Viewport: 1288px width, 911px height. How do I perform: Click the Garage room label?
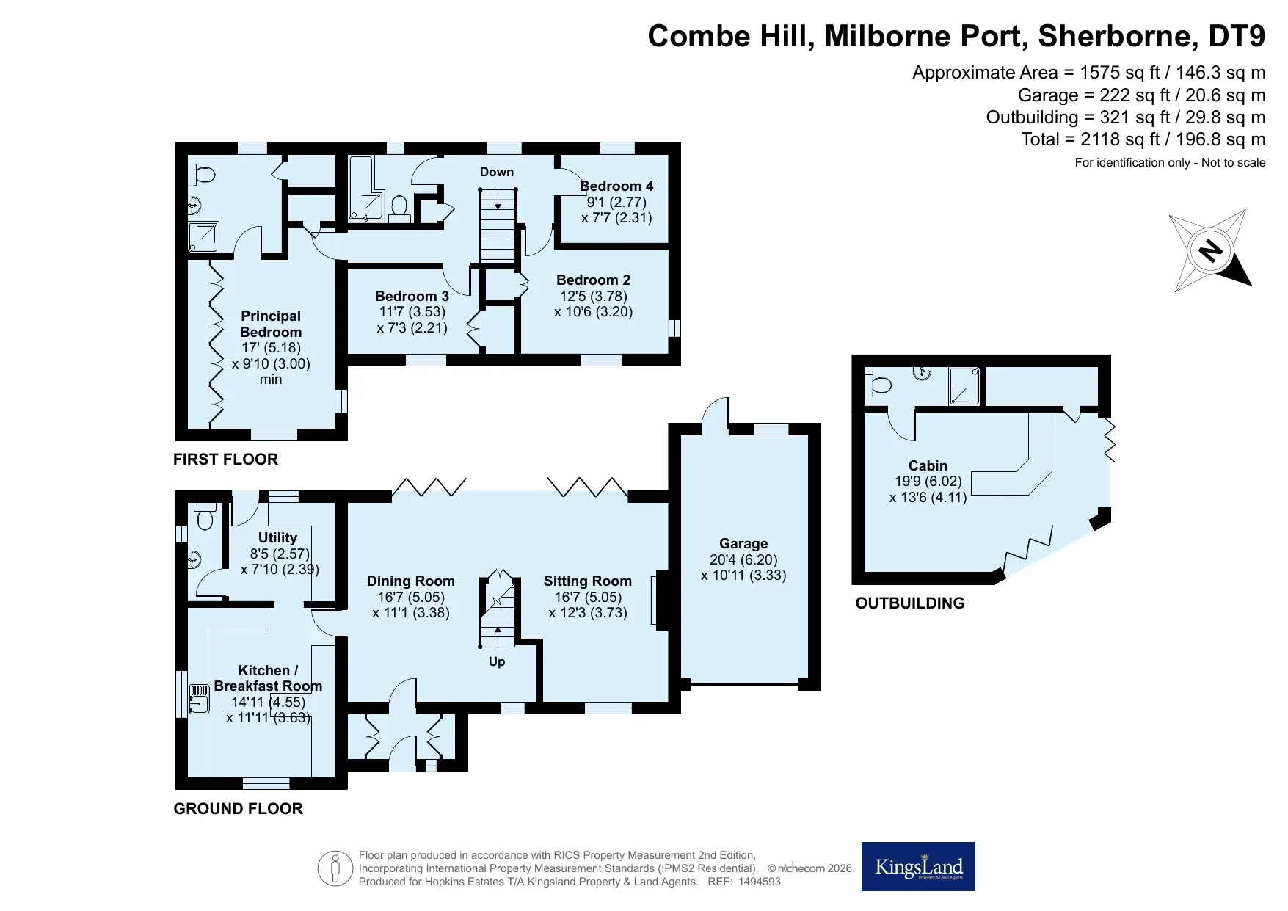point(743,543)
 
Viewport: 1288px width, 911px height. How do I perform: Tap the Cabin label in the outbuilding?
point(928,465)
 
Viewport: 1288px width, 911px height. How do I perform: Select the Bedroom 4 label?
point(616,186)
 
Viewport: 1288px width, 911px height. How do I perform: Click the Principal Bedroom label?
point(271,324)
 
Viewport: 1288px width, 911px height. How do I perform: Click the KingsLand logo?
point(918,866)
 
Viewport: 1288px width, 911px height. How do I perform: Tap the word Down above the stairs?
point(497,172)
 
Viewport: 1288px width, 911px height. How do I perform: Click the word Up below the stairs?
point(497,661)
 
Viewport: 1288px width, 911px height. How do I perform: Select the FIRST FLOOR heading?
point(225,460)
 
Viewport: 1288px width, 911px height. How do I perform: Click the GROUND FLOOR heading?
point(238,809)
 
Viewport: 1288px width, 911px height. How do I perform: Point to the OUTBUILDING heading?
point(910,603)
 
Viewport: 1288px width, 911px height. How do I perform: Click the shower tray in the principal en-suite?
point(204,236)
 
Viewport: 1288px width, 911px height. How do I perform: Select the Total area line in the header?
point(1143,139)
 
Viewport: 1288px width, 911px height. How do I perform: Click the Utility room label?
point(277,537)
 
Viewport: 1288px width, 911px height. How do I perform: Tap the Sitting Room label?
point(587,581)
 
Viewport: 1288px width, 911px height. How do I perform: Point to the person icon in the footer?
point(335,868)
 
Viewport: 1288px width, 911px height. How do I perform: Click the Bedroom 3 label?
point(412,296)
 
